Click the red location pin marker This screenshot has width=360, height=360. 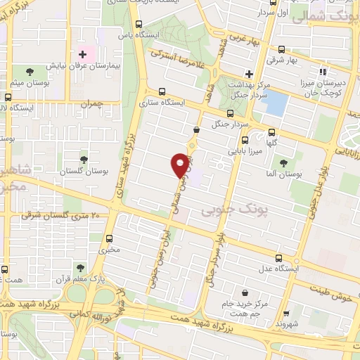181,165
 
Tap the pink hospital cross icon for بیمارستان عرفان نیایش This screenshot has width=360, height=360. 82,53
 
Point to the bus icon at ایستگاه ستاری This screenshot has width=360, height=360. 162,91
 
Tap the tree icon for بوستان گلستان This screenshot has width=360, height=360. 84,160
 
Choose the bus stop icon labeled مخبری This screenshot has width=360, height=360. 109,238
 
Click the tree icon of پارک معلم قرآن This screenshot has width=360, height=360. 80,267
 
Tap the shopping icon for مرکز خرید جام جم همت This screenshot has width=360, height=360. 244,292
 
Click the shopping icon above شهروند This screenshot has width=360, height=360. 285,314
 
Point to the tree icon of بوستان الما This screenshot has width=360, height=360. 284,162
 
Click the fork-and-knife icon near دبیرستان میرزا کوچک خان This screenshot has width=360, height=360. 323,71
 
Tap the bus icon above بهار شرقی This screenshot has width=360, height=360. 282,49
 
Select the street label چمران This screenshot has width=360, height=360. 91,104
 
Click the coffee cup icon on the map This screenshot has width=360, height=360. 197,129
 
